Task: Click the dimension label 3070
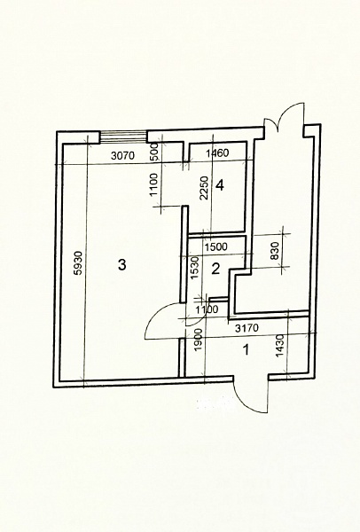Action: pyautogui.click(x=123, y=156)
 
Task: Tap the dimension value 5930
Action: pyautogui.click(x=78, y=263)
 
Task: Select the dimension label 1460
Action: pyautogui.click(x=217, y=153)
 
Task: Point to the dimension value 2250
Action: pyautogui.click(x=204, y=188)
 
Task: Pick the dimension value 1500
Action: pyautogui.click(x=216, y=246)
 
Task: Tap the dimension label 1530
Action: pyautogui.click(x=194, y=268)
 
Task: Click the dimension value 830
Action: pyautogui.click(x=275, y=251)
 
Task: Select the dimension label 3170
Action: pyautogui.click(x=247, y=328)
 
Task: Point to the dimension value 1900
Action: pyautogui.click(x=199, y=340)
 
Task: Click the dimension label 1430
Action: pyautogui.click(x=280, y=346)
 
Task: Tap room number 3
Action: pyautogui.click(x=121, y=264)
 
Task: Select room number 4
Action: pyautogui.click(x=220, y=185)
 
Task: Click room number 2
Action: pyautogui.click(x=215, y=269)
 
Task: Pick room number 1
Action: pyautogui.click(x=247, y=349)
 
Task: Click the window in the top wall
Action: pyautogui.click(x=124, y=137)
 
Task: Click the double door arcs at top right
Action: pyautogui.click(x=284, y=115)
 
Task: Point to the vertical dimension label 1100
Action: pyautogui.click(x=154, y=185)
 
